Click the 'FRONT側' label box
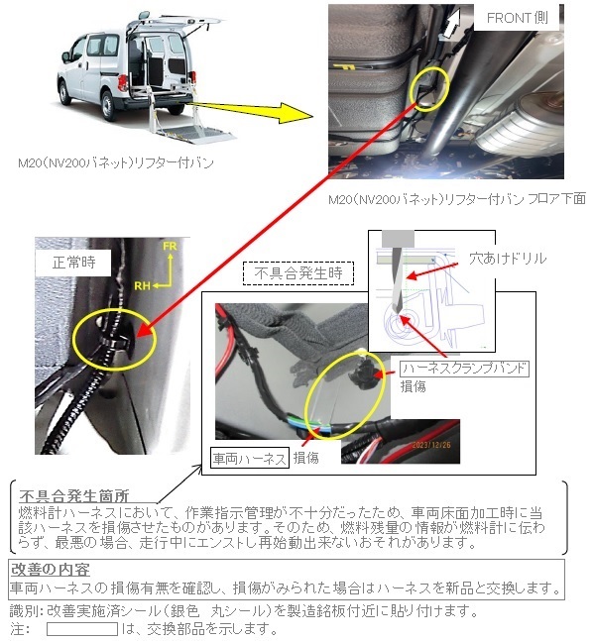517,17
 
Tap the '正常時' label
73,262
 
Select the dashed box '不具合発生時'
298,273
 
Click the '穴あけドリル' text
508,259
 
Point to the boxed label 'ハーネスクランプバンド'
464,369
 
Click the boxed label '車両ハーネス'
250,458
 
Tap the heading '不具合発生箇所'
74,496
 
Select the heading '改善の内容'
50,569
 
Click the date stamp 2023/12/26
431,445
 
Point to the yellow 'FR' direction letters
170,246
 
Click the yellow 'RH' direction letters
142,285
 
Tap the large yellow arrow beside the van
251,111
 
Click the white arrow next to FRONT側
452,23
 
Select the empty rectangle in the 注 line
82,629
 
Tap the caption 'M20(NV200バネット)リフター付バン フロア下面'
457,199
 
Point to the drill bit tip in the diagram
398,313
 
